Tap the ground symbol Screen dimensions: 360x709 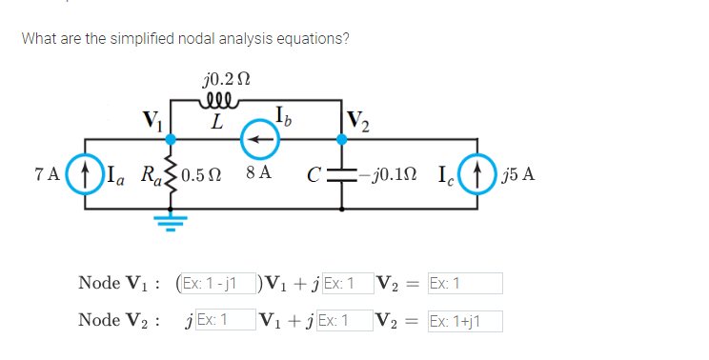[x=172, y=218]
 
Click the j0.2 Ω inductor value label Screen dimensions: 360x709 [x=227, y=78]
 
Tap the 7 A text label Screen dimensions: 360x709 [x=45, y=175]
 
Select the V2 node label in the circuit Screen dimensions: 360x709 [x=360, y=121]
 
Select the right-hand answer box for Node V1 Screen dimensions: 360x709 [x=464, y=283]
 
